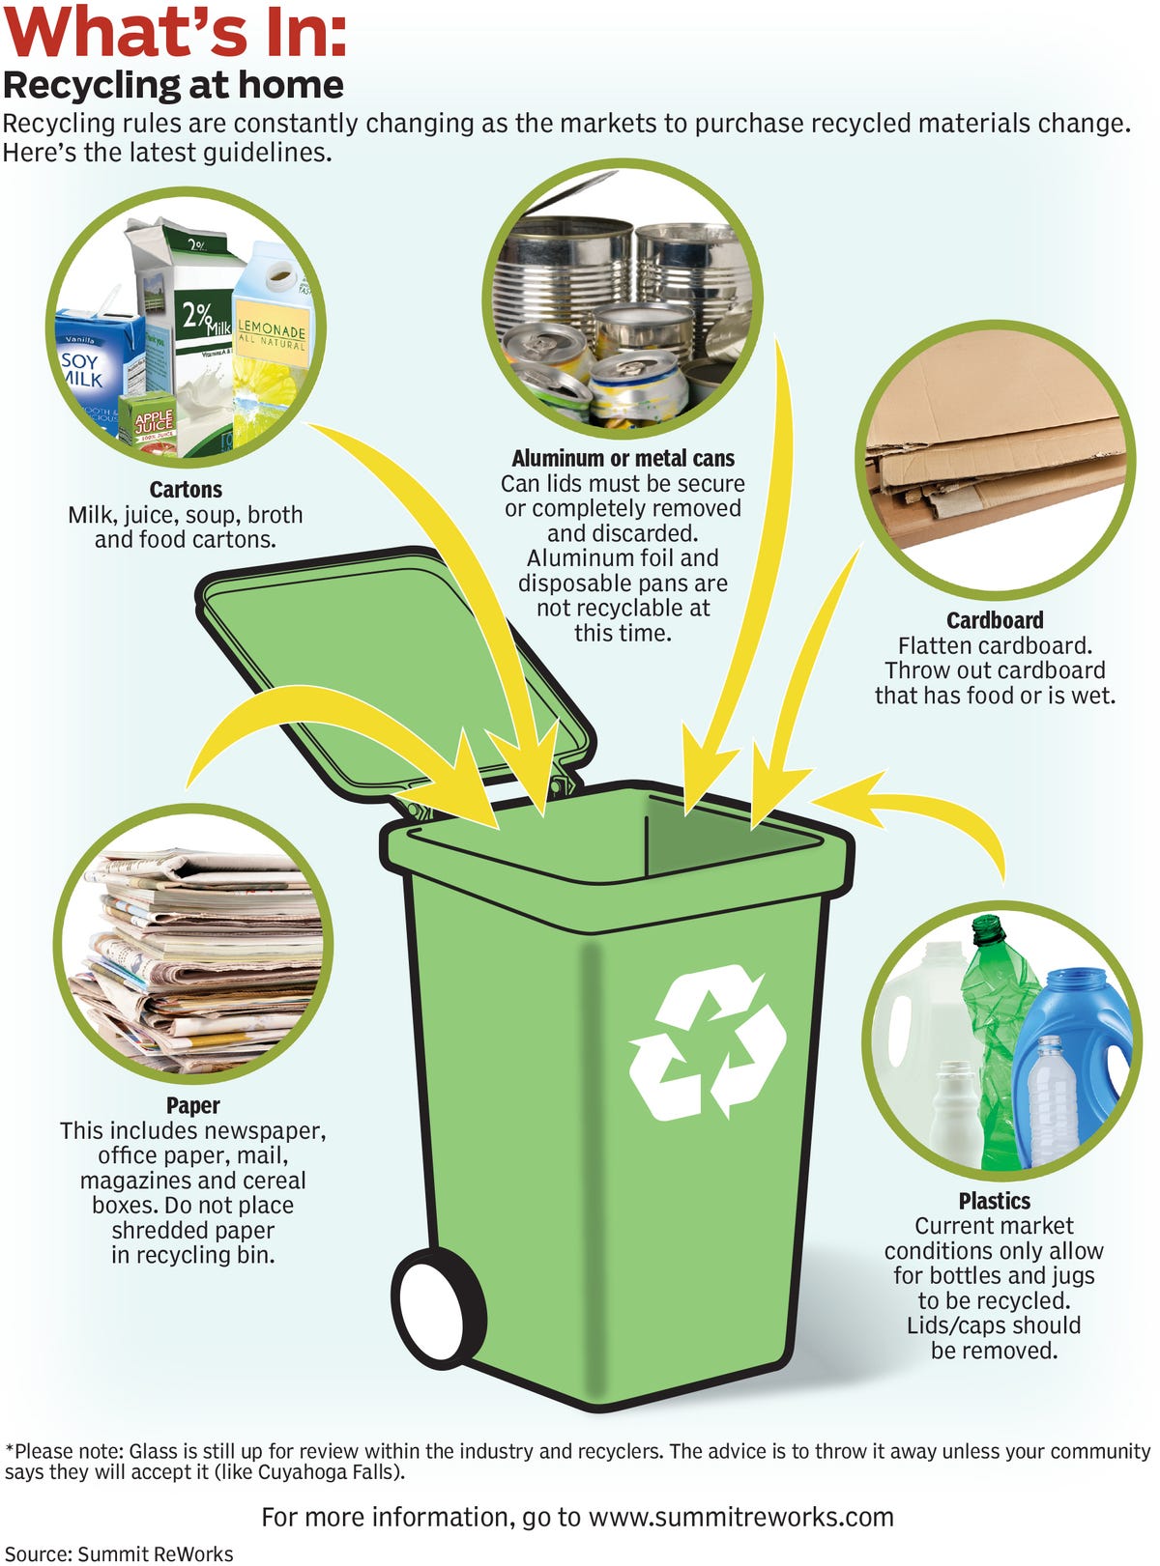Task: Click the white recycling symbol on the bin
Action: coord(708,1041)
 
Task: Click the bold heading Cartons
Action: coord(186,489)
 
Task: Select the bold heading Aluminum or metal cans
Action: coord(623,458)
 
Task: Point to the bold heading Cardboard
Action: coord(995,620)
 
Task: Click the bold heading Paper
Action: coord(193,1105)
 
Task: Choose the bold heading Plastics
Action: coord(994,1200)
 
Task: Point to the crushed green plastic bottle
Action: coord(996,1038)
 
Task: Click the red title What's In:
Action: coord(175,32)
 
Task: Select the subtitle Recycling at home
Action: coord(173,85)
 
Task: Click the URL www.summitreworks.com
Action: coord(741,1517)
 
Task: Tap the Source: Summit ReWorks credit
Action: coord(119,1554)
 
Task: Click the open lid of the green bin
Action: coord(395,670)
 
